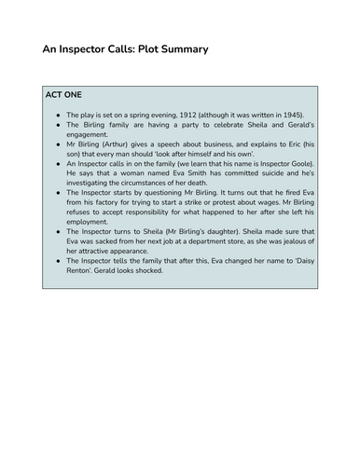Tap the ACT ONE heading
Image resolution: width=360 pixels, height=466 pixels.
point(67,95)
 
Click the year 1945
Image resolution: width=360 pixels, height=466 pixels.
point(298,120)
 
